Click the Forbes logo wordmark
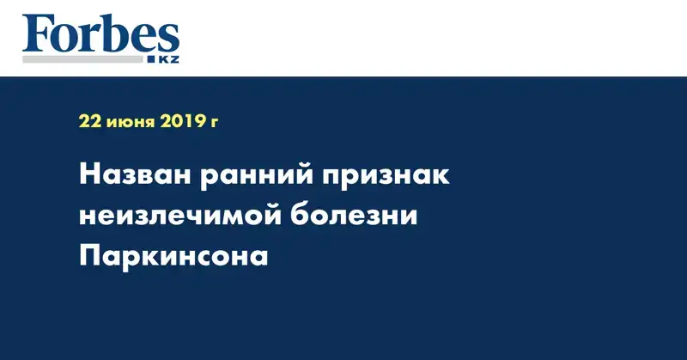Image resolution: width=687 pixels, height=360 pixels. (x=100, y=34)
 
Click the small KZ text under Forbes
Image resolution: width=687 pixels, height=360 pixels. (x=168, y=59)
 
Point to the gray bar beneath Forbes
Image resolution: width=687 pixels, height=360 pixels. (x=82, y=59)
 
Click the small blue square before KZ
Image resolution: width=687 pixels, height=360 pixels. (x=151, y=59)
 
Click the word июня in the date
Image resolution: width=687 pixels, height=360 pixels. (x=131, y=123)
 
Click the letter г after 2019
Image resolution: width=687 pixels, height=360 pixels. (x=213, y=123)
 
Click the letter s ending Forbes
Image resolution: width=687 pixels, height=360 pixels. (x=169, y=40)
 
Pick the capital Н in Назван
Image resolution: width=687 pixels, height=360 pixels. (x=89, y=175)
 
